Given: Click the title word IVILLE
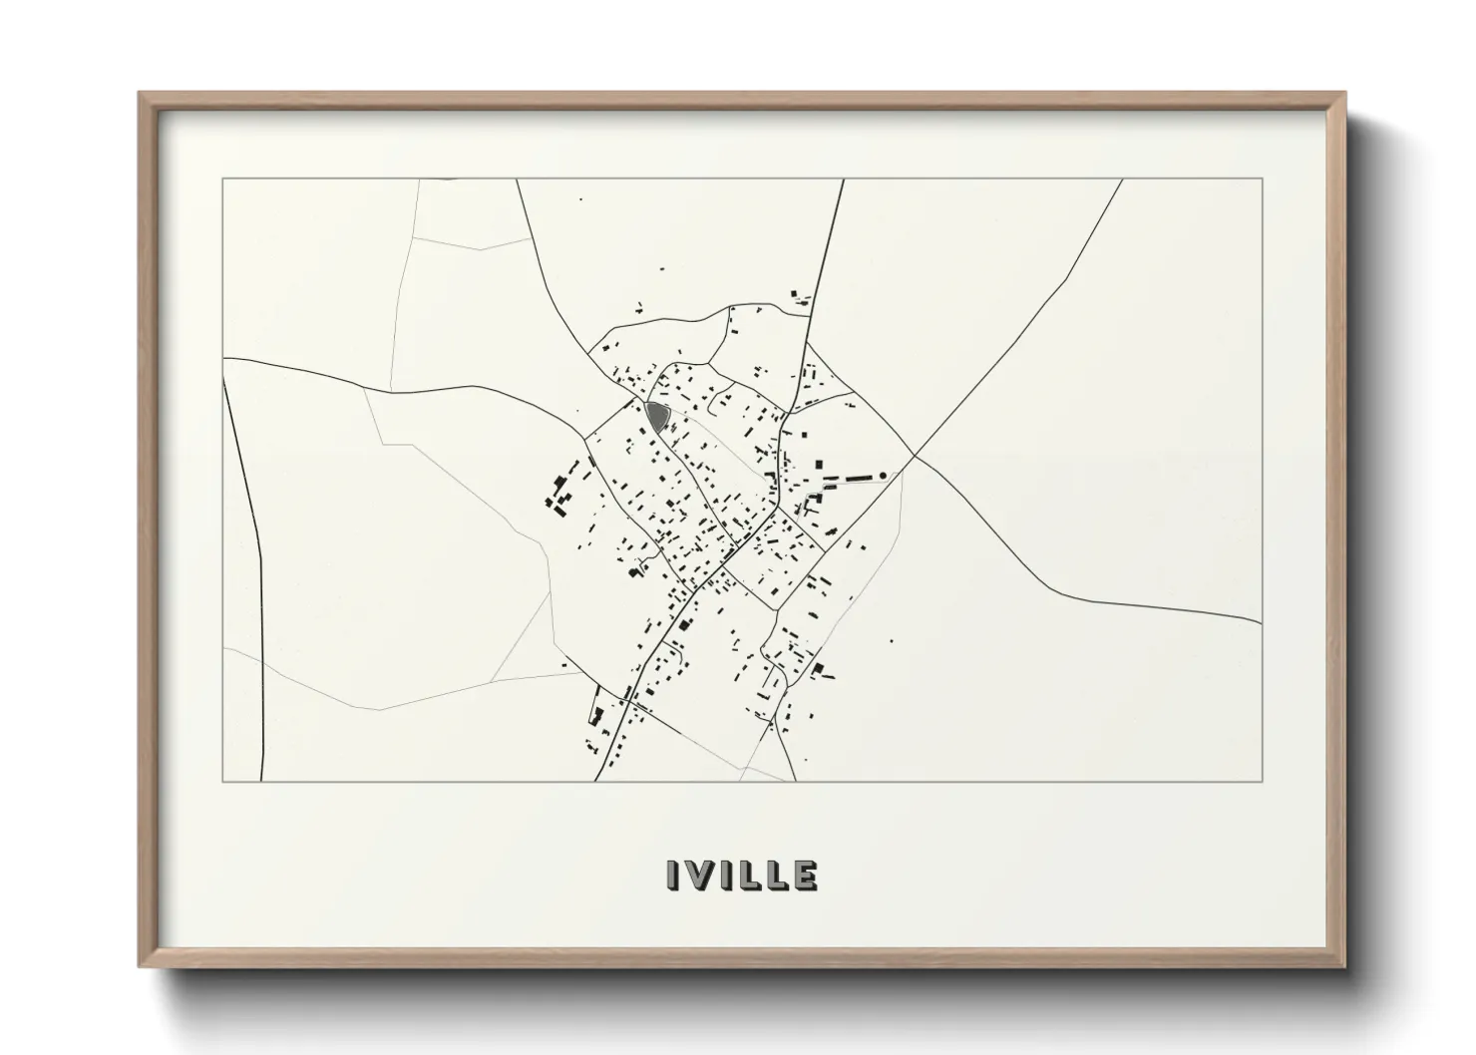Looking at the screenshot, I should (741, 875).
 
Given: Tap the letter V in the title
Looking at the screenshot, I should (699, 875).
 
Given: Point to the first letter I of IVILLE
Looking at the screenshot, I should (673, 875).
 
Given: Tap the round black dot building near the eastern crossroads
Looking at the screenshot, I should (882, 475).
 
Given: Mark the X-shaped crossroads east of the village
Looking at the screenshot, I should (915, 457).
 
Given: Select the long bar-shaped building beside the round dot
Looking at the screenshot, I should (853, 480).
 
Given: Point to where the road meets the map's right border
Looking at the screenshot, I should (1262, 623).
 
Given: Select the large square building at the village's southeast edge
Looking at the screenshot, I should (819, 669).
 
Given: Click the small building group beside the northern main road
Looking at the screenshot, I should (801, 296).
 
